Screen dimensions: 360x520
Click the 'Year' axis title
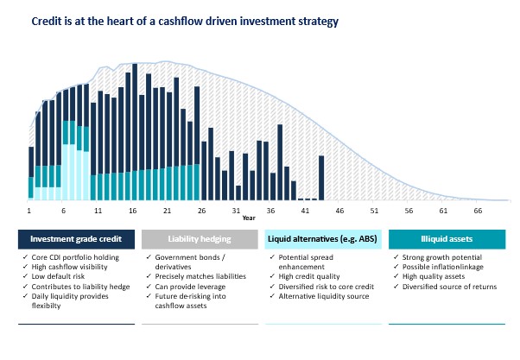coord(249,218)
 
